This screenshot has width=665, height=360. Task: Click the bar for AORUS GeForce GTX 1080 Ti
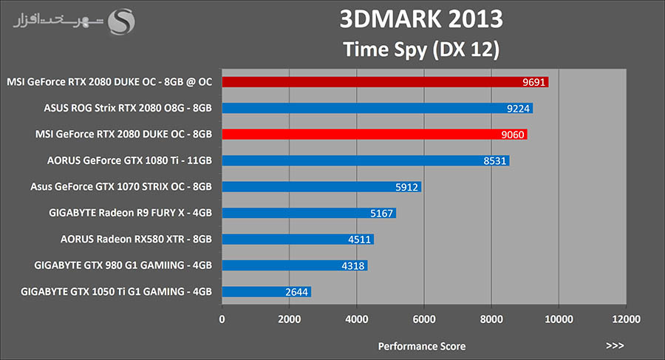point(365,160)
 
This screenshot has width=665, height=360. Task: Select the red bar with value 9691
point(384,82)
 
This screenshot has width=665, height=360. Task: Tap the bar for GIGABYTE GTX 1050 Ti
point(266,292)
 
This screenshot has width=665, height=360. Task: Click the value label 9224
point(517,109)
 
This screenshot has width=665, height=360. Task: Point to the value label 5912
point(405,187)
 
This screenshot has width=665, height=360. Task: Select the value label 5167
point(381,214)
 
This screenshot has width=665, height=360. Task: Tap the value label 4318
point(352,266)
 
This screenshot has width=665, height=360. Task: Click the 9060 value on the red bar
point(511,135)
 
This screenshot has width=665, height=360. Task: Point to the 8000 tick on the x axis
point(491,319)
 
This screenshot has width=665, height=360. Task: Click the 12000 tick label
point(625,319)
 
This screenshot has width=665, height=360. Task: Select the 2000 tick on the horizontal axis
point(289,319)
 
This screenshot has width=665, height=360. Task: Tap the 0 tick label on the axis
point(222,319)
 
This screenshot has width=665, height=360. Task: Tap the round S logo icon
point(123,21)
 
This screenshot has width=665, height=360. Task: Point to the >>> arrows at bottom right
point(615,345)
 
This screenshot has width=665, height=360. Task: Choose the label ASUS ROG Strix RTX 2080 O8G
point(129,109)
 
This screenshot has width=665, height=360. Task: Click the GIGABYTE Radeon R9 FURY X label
point(131,214)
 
